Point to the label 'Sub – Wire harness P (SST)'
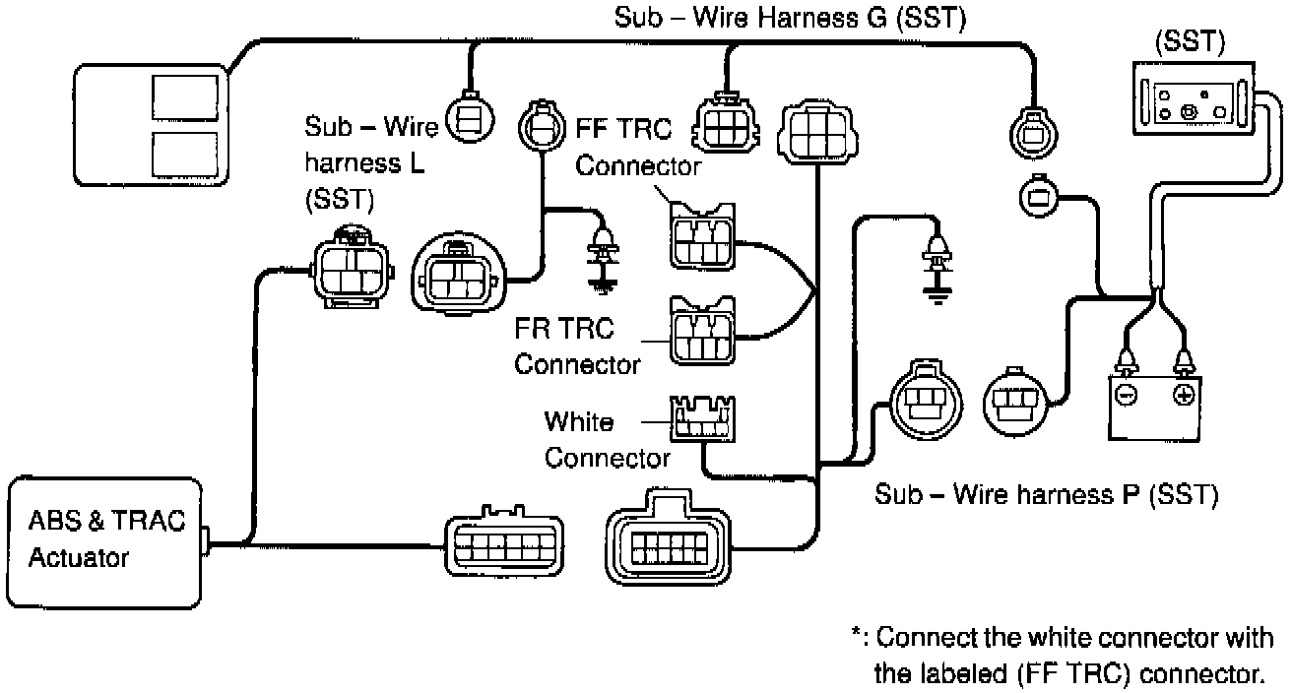coord(1046,494)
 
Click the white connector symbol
coord(702,417)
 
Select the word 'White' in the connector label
coord(579,422)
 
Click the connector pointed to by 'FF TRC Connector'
coord(701,234)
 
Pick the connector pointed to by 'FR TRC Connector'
coord(701,329)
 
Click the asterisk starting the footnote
coord(858,636)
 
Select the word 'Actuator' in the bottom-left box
coord(79,558)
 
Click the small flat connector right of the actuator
coord(498,542)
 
